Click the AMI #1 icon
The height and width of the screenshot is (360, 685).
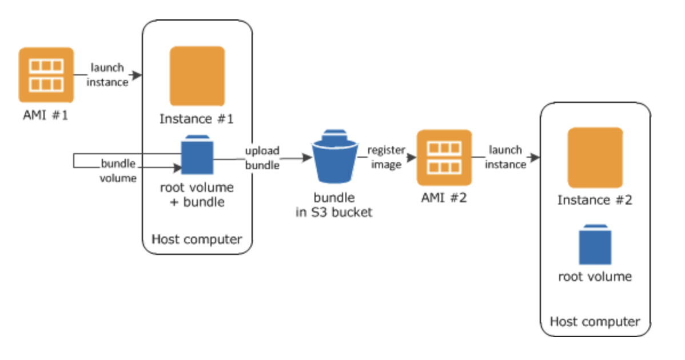(46, 74)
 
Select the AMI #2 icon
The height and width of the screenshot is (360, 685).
(444, 158)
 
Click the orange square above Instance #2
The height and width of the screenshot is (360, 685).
(595, 157)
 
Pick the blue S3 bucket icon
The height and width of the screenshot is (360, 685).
(334, 158)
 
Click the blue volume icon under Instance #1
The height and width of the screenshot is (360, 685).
(197, 154)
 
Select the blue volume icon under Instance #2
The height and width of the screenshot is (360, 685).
(595, 243)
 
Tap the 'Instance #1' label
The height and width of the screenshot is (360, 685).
(197, 119)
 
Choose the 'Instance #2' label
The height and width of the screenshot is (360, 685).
(595, 200)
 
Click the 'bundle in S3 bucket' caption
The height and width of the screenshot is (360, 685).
(334, 205)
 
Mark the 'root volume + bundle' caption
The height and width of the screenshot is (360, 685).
(197, 194)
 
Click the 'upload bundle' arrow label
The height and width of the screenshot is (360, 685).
(262, 158)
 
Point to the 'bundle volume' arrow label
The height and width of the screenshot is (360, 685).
(118, 171)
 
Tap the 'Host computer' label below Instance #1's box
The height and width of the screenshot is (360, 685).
(197, 239)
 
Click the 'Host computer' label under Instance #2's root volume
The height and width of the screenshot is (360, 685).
(595, 321)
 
